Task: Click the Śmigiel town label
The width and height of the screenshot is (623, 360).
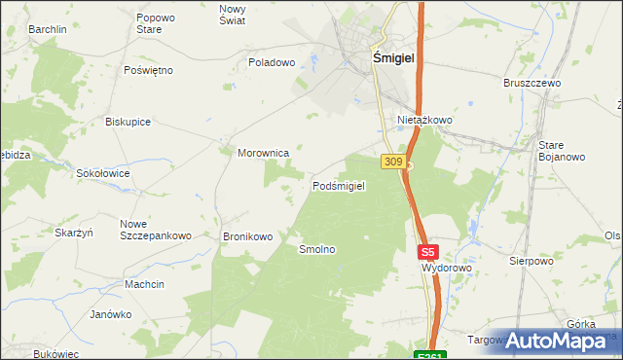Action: pyautogui.click(x=394, y=58)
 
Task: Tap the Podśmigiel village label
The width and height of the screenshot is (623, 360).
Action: pyautogui.click(x=339, y=186)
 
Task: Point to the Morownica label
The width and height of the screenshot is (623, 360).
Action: pyautogui.click(x=264, y=153)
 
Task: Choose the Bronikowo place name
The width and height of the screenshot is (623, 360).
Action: pyautogui.click(x=248, y=236)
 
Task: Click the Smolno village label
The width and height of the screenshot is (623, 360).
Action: pyautogui.click(x=317, y=249)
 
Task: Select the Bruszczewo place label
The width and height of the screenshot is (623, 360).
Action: pyautogui.click(x=532, y=84)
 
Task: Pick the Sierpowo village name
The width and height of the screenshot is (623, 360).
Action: pyautogui.click(x=531, y=261)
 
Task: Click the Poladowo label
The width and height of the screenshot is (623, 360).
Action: pyautogui.click(x=272, y=62)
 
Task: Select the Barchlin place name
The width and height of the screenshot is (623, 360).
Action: pyautogui.click(x=48, y=29)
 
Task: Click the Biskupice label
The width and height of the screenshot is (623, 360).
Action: pyautogui.click(x=128, y=122)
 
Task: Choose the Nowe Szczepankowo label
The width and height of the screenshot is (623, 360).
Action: pyautogui.click(x=155, y=230)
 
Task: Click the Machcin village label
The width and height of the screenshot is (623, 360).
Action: pyautogui.click(x=144, y=284)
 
